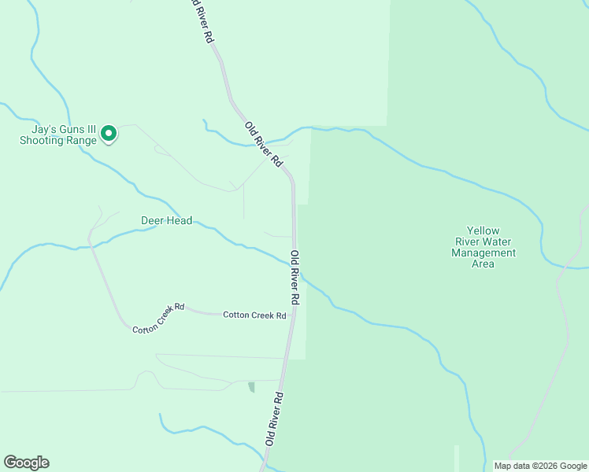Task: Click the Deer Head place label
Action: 166,221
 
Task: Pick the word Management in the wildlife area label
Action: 483,253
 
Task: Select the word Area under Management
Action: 483,264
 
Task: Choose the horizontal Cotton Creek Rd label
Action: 254,315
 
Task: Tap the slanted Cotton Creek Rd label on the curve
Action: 157,317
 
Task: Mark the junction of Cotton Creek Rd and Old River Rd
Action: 291,315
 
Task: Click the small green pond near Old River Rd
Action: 251,386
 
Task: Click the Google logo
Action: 26,463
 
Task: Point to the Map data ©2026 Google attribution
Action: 540,466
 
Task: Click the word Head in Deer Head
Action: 179,221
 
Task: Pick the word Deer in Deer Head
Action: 152,221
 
